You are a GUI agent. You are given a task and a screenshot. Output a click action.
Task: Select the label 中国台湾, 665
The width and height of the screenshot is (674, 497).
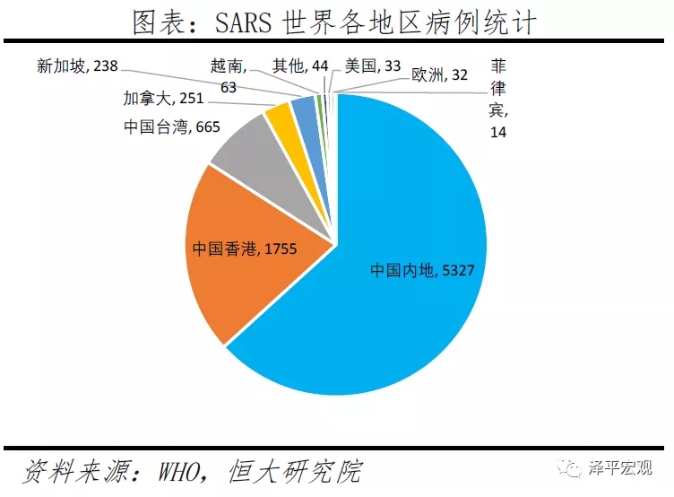171,127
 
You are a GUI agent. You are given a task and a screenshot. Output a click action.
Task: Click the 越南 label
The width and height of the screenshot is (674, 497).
225,75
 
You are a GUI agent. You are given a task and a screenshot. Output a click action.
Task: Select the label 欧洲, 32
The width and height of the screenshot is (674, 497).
439,75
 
